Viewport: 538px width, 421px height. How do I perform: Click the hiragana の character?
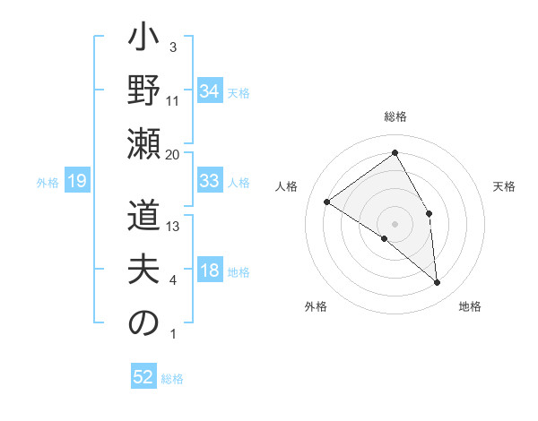[143, 324]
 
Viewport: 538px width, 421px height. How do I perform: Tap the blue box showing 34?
[210, 91]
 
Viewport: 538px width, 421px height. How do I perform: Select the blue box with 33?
[210, 181]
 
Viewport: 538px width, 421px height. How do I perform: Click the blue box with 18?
[210, 271]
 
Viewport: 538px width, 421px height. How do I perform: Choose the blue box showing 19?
[76, 182]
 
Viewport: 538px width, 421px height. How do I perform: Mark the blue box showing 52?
[143, 377]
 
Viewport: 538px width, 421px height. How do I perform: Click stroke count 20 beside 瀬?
[173, 154]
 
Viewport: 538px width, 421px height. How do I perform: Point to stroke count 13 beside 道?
[173, 226]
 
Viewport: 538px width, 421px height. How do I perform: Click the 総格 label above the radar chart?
[395, 116]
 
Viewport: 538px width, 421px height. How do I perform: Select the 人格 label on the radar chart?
[287, 186]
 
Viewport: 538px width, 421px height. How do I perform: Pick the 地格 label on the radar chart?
[470, 307]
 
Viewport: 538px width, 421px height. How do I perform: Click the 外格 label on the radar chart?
[316, 307]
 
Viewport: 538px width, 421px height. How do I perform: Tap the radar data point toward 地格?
[438, 283]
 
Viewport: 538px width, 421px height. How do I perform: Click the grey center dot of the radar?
[395, 223]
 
